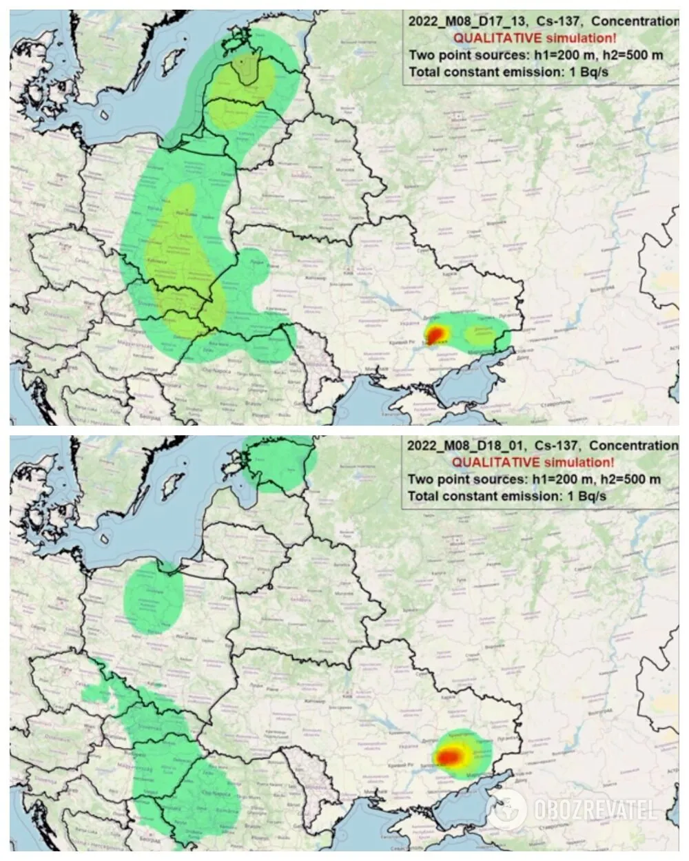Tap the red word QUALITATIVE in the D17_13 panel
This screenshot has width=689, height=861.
pyautogui.click(x=492, y=38)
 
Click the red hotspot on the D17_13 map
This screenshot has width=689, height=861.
pyautogui.click(x=435, y=335)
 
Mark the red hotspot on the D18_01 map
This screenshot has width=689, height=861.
pyautogui.click(x=451, y=756)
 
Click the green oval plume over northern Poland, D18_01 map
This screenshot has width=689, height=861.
pyautogui.click(x=153, y=597)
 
